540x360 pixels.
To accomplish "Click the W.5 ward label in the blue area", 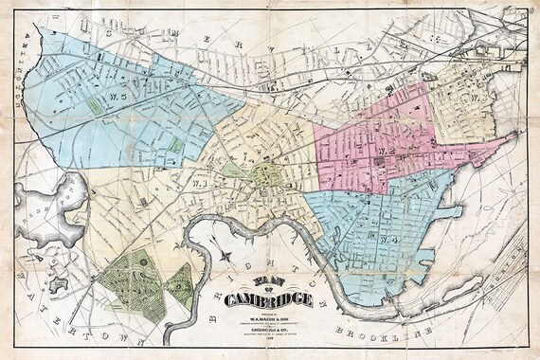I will pos(118,96).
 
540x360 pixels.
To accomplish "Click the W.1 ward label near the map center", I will pos(202,183).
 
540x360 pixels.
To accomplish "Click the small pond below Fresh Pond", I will pos(58,282).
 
